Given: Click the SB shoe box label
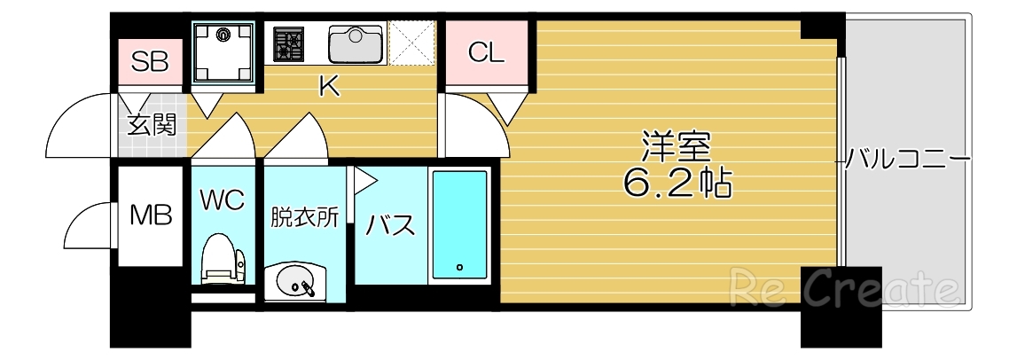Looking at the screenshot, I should coord(150,61).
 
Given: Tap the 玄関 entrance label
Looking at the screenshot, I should coord(152,125).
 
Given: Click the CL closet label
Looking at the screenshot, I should coord(487,53).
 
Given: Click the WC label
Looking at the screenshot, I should coord(222,200).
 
